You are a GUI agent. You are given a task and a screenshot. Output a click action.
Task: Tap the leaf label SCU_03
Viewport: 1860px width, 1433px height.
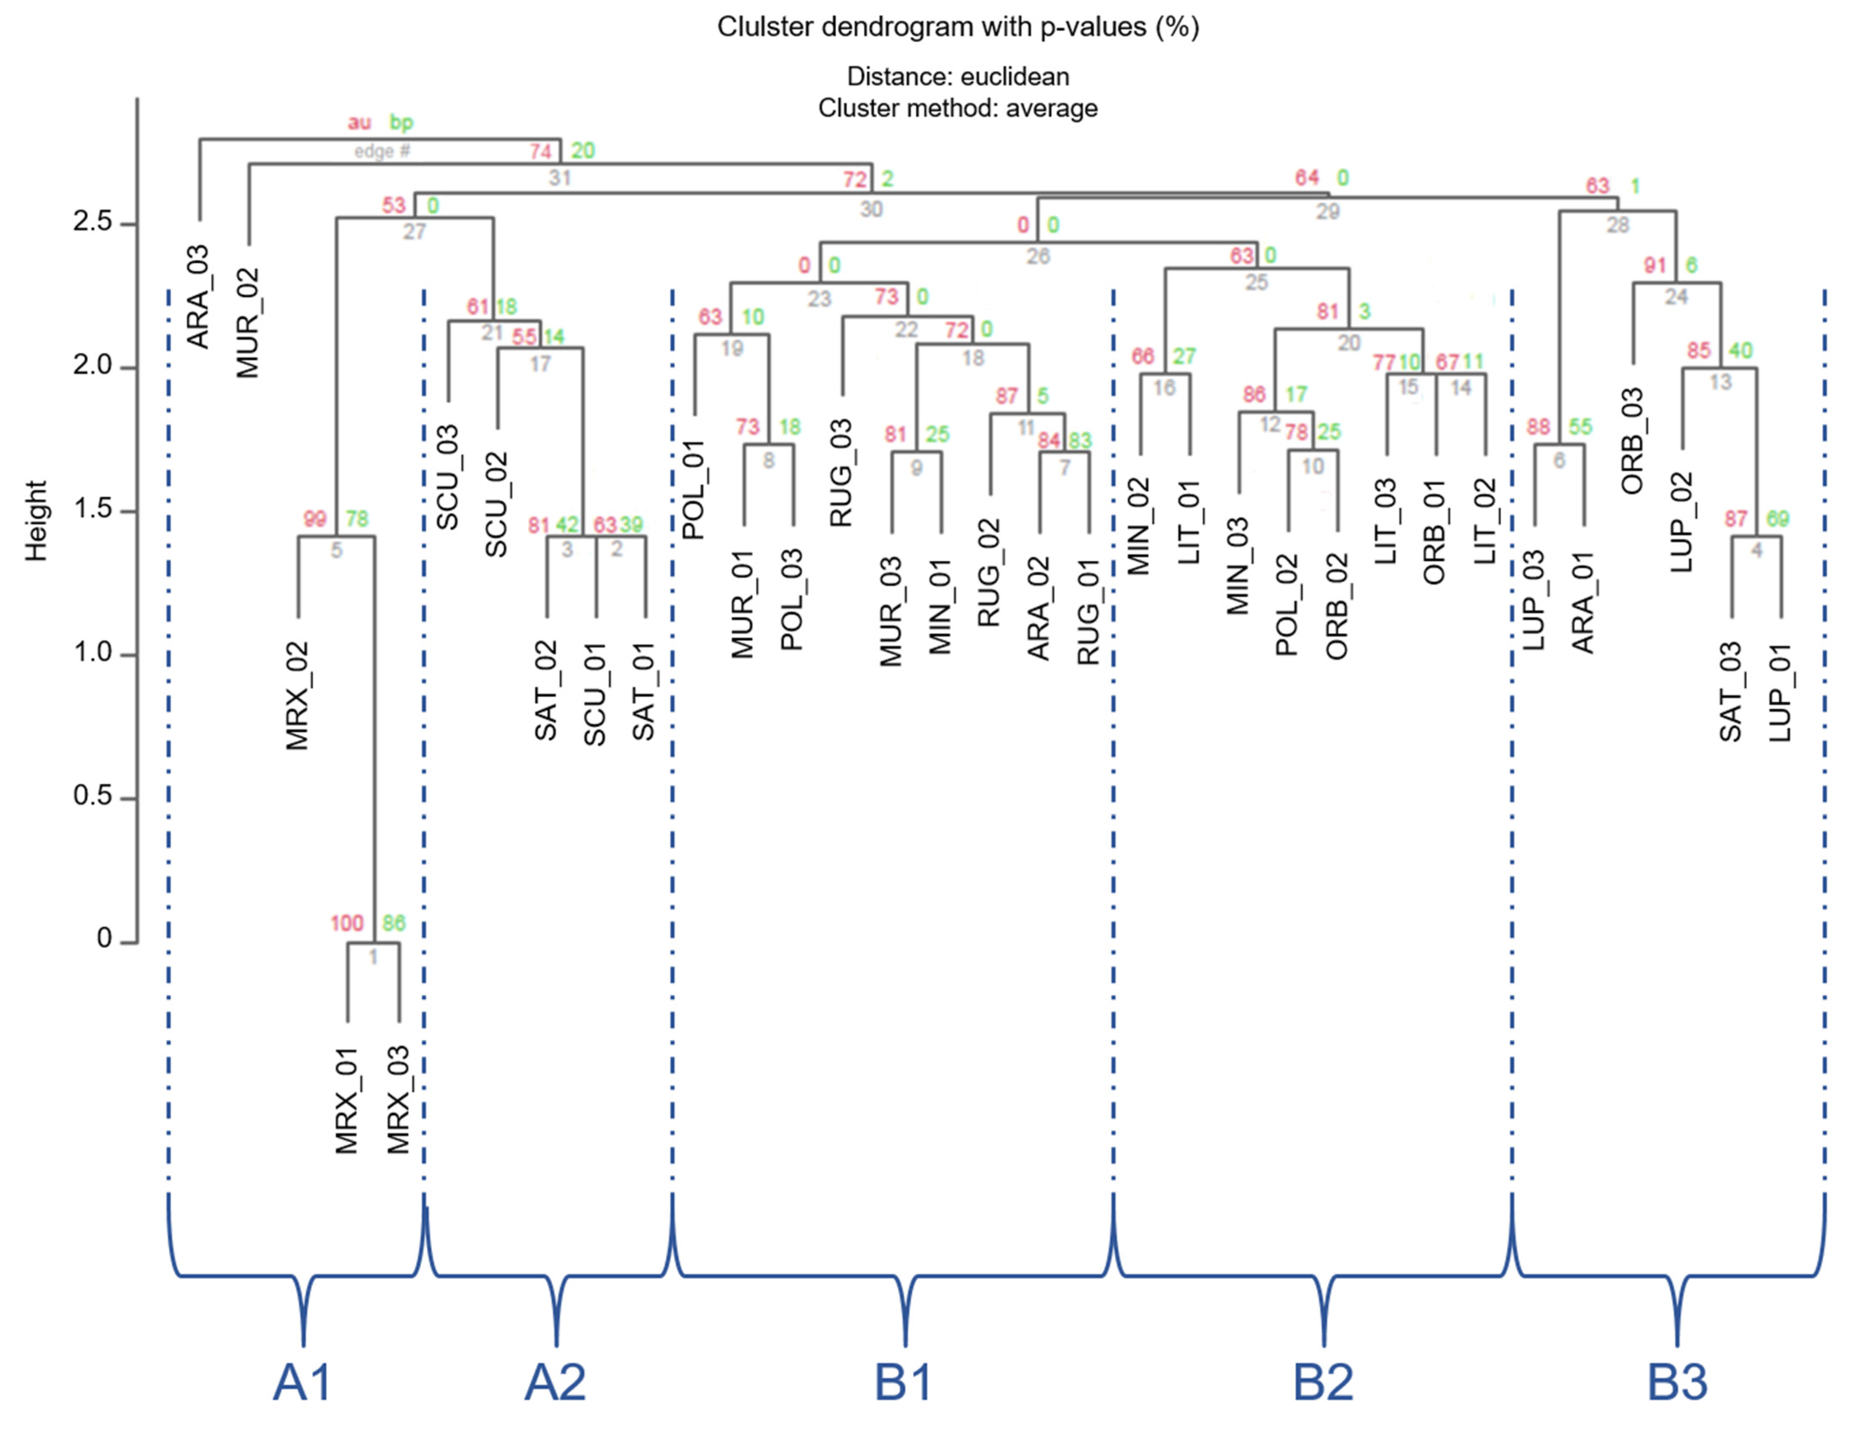pyautogui.click(x=447, y=477)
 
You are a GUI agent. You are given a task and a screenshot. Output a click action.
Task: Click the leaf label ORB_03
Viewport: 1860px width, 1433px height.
pyautogui.click(x=1632, y=441)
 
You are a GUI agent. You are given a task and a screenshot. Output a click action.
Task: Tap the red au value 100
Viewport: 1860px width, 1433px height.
pyautogui.click(x=346, y=923)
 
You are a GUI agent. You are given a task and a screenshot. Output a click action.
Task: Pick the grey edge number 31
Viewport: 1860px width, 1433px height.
pyautogui.click(x=559, y=177)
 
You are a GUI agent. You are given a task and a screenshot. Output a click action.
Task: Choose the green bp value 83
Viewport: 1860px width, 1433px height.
pyautogui.click(x=1080, y=440)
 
